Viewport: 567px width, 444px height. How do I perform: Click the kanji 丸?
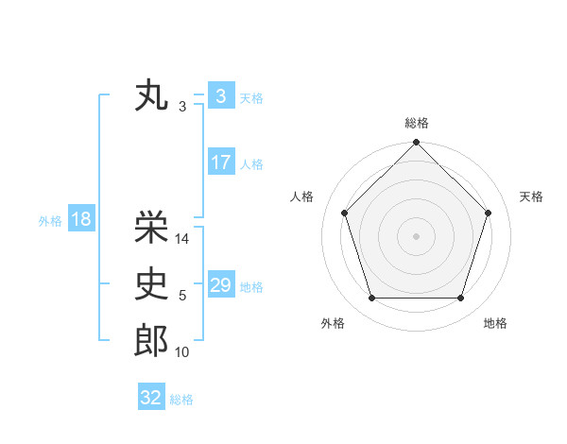click(152, 96)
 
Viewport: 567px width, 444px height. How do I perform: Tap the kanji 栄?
click(152, 227)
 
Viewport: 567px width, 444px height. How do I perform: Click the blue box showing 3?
click(220, 96)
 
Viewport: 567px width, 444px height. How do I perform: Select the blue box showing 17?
click(220, 162)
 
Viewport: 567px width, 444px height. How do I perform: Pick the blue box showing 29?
click(220, 285)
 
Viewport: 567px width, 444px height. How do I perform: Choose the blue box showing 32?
click(151, 398)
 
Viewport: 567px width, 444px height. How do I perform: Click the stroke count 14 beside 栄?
click(183, 240)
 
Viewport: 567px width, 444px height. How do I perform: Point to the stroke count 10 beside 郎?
click(182, 352)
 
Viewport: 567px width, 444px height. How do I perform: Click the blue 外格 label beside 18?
click(50, 221)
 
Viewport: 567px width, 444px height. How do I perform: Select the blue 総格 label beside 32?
click(181, 399)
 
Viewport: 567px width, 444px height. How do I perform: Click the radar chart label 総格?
click(417, 123)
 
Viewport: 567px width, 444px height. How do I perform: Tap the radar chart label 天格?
click(532, 196)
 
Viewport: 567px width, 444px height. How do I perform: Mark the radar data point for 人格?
click(345, 213)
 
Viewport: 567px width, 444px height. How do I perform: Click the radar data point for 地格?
click(460, 299)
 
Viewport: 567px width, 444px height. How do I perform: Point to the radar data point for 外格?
click(371, 299)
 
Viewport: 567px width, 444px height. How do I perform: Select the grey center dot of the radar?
click(416, 235)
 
